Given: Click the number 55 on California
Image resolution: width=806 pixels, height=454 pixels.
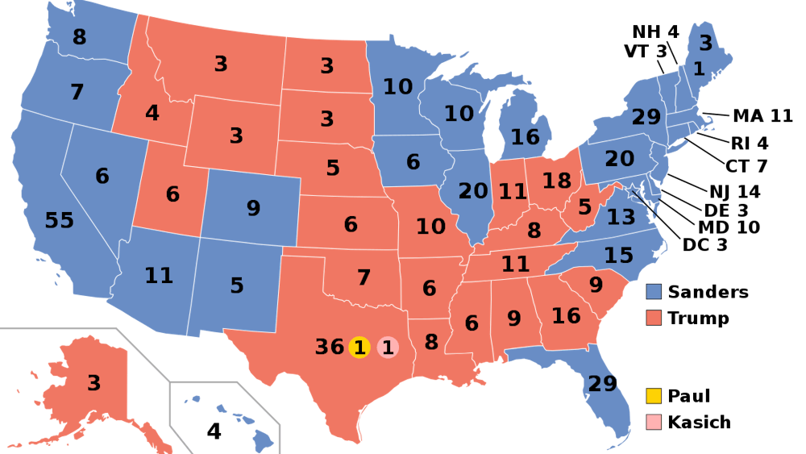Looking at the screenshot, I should tap(59, 220).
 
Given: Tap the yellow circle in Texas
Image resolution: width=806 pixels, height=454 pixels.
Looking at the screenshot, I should tap(359, 348).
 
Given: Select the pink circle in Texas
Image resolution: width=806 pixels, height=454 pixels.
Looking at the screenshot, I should tap(388, 348).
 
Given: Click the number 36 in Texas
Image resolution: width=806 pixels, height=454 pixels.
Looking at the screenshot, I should tap(330, 348).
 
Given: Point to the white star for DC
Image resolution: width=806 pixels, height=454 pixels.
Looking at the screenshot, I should tap(633, 190).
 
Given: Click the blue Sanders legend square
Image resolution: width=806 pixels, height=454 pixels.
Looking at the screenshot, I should tap(654, 292).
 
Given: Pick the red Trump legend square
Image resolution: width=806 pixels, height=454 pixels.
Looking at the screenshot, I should tap(654, 318).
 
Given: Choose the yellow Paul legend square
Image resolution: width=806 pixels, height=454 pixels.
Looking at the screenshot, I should tap(654, 395).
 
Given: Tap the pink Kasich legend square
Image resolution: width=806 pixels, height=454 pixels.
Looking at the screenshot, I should tap(654, 422).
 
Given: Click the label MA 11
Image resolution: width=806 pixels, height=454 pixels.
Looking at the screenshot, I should tap(762, 116).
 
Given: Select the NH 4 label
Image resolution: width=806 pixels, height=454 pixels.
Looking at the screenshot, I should tap(654, 32).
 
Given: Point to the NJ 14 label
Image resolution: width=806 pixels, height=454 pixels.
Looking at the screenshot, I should tap(734, 191).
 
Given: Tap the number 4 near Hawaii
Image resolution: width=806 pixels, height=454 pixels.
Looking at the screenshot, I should tap(214, 431).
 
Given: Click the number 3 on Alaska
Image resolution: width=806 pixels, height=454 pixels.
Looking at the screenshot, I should tap(94, 383).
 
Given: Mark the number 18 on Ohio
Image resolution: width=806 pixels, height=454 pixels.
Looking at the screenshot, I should tap(556, 181).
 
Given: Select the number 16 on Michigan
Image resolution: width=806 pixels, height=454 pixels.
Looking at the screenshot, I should tap(525, 137).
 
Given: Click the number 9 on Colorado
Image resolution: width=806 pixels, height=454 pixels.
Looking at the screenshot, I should tap(253, 209).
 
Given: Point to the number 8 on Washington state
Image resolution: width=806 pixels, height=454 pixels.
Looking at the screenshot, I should tap(79, 37).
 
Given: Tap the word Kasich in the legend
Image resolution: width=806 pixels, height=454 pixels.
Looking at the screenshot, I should tap(699, 422).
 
